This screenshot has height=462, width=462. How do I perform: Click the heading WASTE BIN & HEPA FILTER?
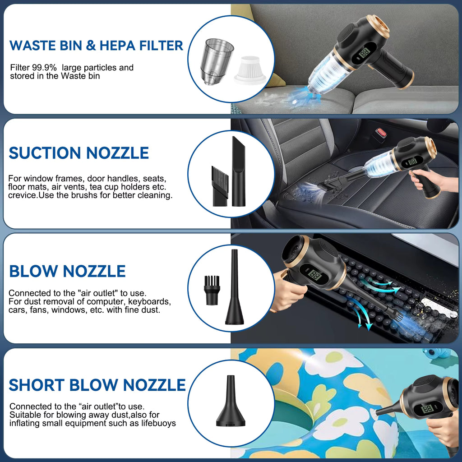click(96, 46)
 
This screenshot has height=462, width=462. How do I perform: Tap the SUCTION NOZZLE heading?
click(79, 153)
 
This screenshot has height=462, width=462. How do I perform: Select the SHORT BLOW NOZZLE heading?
click(97, 385)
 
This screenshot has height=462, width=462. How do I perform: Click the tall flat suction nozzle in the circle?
click(239, 171)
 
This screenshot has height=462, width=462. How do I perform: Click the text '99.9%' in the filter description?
click(46, 68)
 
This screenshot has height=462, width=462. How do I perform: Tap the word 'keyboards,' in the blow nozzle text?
click(149, 301)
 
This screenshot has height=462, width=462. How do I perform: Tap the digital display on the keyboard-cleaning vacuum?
click(314, 275)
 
